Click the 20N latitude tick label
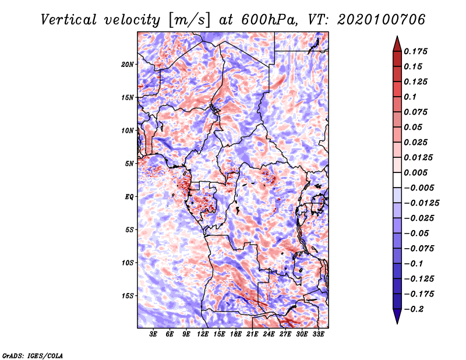pos(128,64)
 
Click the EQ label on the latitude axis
pos(129,196)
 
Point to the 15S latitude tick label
pos(128,295)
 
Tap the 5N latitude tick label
pos(129,164)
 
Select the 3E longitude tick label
pos(153,334)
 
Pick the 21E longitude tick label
pos(252,334)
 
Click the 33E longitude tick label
pos(317,334)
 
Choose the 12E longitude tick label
pos(203,334)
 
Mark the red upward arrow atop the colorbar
pos(397,42)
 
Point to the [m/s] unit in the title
pos(188,20)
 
